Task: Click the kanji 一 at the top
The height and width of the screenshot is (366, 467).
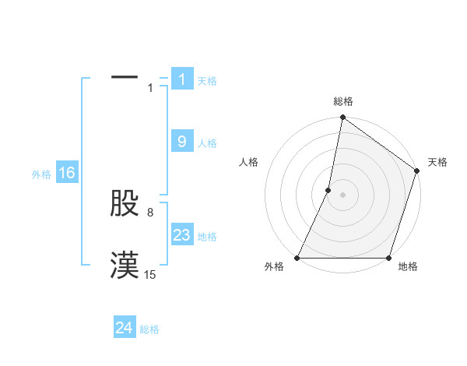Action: point(125,79)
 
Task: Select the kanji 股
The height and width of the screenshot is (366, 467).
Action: point(125,204)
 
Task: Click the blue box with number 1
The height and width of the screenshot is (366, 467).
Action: point(182,79)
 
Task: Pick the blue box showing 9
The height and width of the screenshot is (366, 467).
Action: point(182,142)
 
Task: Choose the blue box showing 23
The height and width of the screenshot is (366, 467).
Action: point(182,235)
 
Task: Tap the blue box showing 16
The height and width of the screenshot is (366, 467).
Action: point(67,173)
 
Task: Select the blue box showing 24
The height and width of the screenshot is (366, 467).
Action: point(125,329)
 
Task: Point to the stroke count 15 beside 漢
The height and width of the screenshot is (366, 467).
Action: point(150,275)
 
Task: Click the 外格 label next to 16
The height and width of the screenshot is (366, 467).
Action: point(41,174)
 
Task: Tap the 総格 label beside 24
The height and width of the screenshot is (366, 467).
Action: point(149,330)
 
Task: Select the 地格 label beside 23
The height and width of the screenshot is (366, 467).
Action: point(207,237)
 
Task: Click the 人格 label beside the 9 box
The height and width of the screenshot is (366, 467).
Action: point(207,143)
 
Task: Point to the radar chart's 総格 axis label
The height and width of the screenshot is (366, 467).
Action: point(342,102)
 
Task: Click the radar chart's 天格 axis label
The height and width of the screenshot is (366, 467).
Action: point(437,162)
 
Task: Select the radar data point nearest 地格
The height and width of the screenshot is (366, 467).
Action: point(388,258)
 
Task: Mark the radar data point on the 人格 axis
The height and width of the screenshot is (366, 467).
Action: point(328,190)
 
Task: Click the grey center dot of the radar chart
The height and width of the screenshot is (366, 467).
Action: point(342,195)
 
